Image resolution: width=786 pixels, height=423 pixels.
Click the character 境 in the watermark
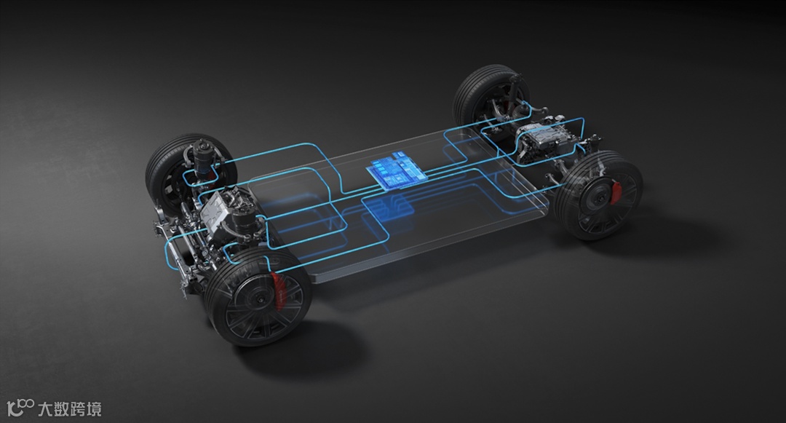click(94, 409)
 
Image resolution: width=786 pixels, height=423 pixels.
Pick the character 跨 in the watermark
click(78, 409)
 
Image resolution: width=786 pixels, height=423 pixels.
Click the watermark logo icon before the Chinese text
click(20, 408)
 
